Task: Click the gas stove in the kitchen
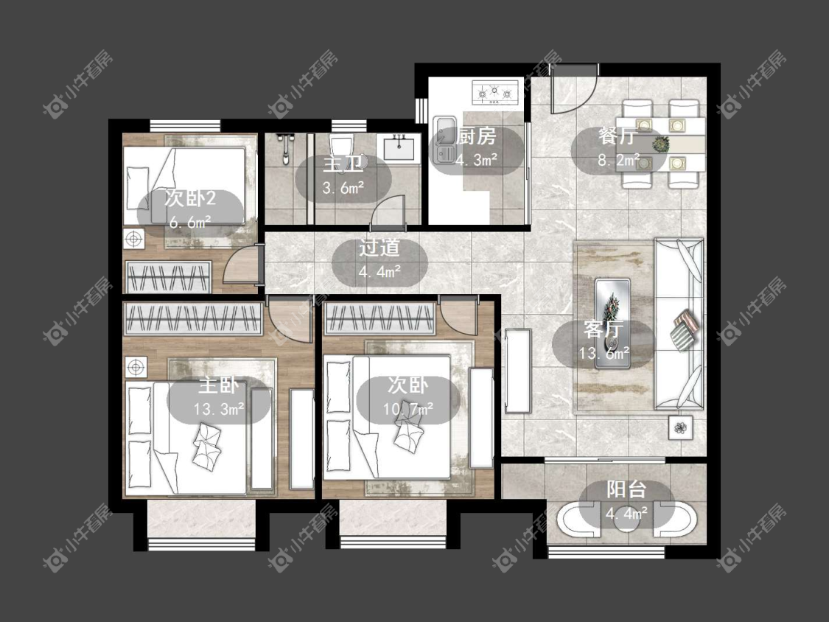(x=495, y=91)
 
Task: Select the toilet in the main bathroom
(x=341, y=150)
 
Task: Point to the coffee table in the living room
(x=613, y=324)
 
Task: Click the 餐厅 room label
(x=617, y=136)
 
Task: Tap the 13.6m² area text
(x=604, y=353)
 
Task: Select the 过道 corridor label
(x=379, y=248)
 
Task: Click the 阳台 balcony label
(x=626, y=489)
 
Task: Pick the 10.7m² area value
(x=408, y=409)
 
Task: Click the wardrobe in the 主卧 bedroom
(x=193, y=319)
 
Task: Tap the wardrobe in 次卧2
(x=168, y=276)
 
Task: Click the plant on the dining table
(x=660, y=143)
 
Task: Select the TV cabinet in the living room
(x=517, y=370)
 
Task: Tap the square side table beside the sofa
(x=680, y=427)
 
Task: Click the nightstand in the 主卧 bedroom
(x=136, y=367)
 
